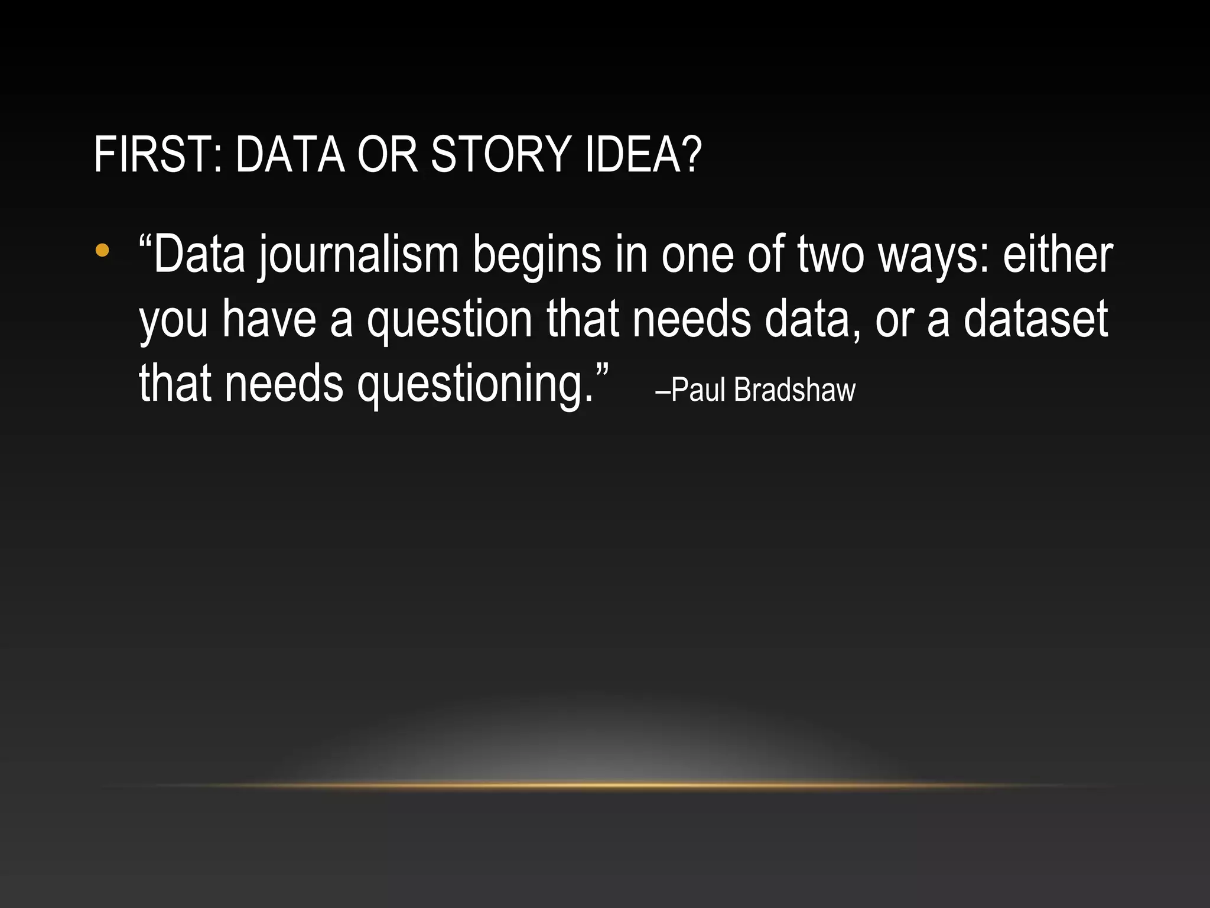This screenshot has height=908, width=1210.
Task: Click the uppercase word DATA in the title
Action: (x=290, y=154)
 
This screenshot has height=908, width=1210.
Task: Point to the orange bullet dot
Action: (x=102, y=250)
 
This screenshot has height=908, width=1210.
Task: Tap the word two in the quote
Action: (x=831, y=255)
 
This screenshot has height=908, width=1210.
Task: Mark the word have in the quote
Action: (x=269, y=319)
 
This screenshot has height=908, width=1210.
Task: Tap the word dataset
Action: (x=1035, y=319)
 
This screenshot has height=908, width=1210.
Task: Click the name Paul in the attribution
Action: (x=698, y=390)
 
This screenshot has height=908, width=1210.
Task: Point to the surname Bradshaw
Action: (x=795, y=390)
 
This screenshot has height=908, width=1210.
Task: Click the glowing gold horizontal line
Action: (x=605, y=785)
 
